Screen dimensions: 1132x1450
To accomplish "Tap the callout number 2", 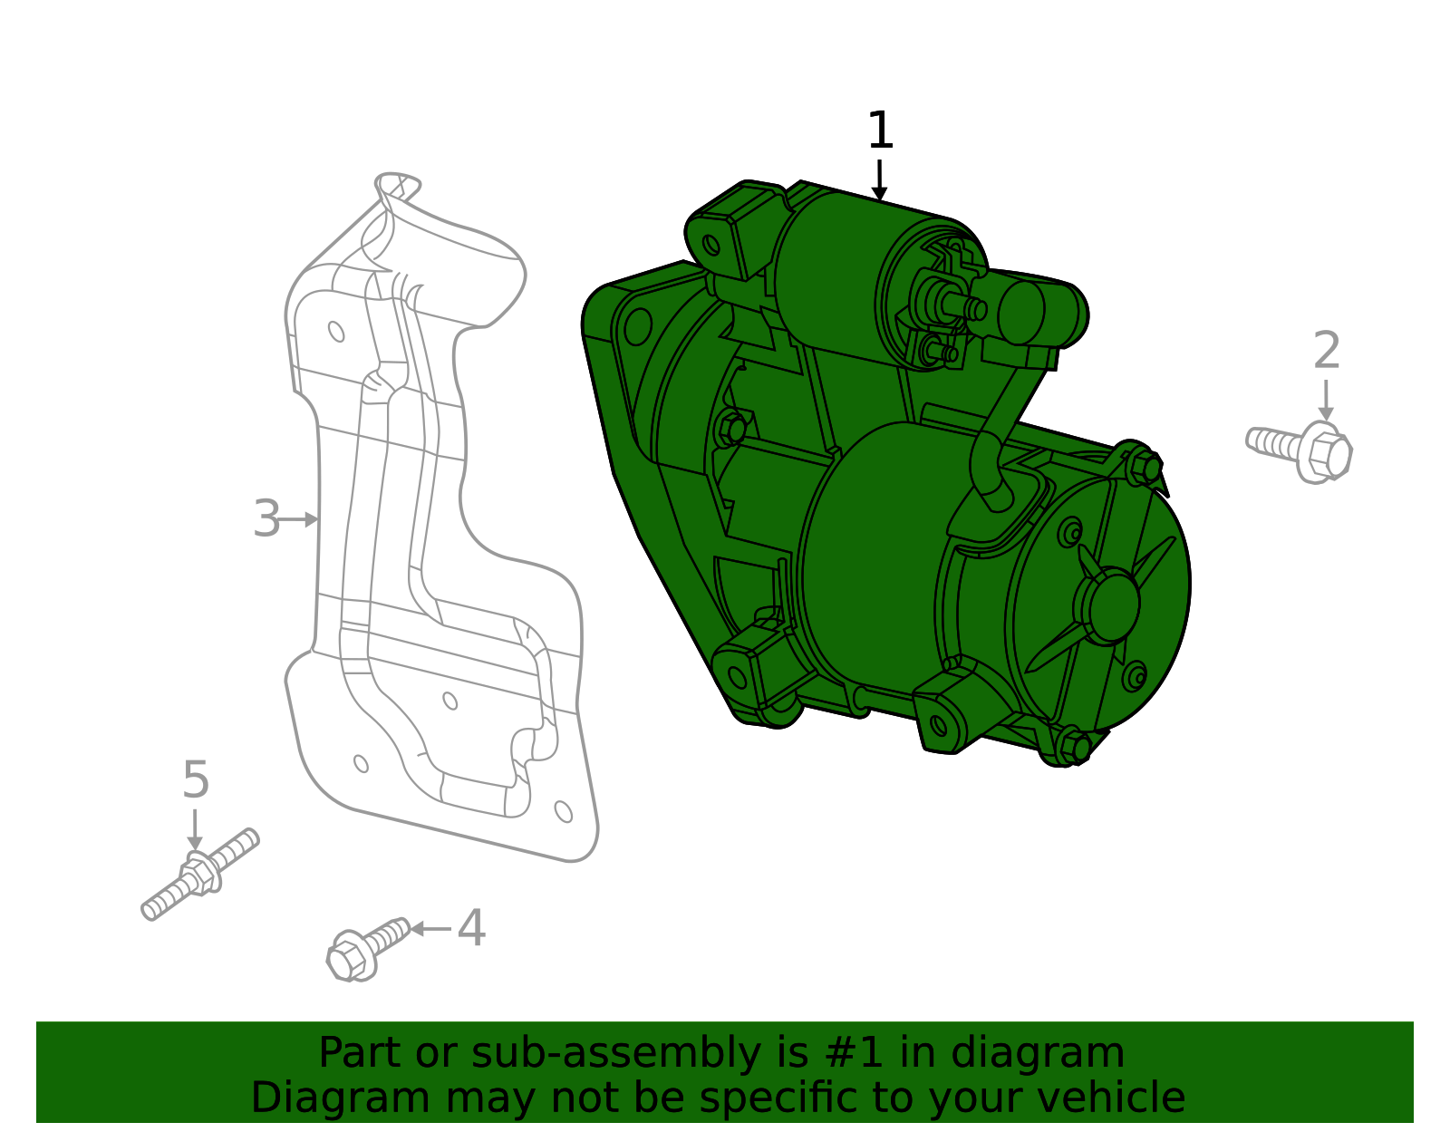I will [x=1326, y=351].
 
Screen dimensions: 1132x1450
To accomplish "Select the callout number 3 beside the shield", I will [x=266, y=519].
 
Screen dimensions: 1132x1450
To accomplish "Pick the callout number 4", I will [x=471, y=929].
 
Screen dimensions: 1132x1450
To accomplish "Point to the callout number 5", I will [x=196, y=780].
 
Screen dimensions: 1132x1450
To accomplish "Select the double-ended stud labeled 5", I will [x=200, y=874].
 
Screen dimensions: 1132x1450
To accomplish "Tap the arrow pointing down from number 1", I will [x=879, y=180].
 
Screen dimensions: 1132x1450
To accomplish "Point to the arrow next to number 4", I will [x=430, y=929].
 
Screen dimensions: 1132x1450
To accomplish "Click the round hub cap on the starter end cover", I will [x=1107, y=605].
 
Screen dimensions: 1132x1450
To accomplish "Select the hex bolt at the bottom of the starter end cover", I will [x=1075, y=748].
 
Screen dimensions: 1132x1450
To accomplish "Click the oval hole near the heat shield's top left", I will [x=336, y=331].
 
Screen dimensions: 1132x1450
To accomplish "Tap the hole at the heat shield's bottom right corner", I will [x=563, y=811].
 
